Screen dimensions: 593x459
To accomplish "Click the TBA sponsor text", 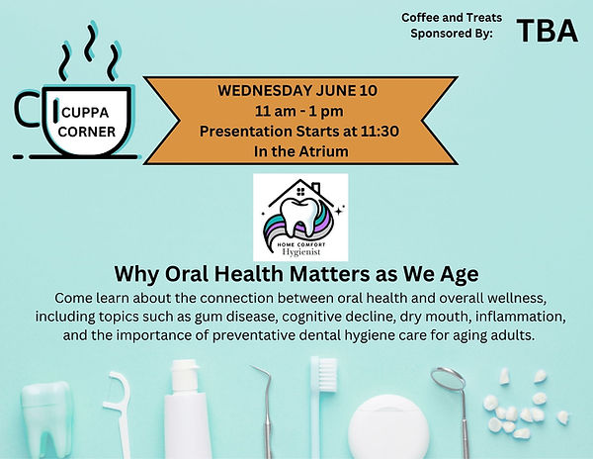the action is [548, 31].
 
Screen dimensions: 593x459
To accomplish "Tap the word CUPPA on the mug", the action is [85, 113].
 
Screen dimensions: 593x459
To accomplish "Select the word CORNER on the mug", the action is [87, 132].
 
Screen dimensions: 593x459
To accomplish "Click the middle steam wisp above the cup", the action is [91, 43].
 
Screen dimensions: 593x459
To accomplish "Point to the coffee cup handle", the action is [27, 109].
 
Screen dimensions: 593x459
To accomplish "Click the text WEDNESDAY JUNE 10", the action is [297, 90].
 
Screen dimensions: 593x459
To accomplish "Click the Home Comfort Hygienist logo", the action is [300, 218].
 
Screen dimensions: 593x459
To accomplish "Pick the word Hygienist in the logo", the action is [301, 252].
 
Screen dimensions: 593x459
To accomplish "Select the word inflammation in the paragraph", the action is [521, 317].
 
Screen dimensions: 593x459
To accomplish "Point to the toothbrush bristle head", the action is [327, 375].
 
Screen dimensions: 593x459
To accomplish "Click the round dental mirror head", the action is [448, 379].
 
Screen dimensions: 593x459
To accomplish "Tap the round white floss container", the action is [388, 427].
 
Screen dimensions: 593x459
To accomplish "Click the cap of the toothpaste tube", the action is [185, 376].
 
